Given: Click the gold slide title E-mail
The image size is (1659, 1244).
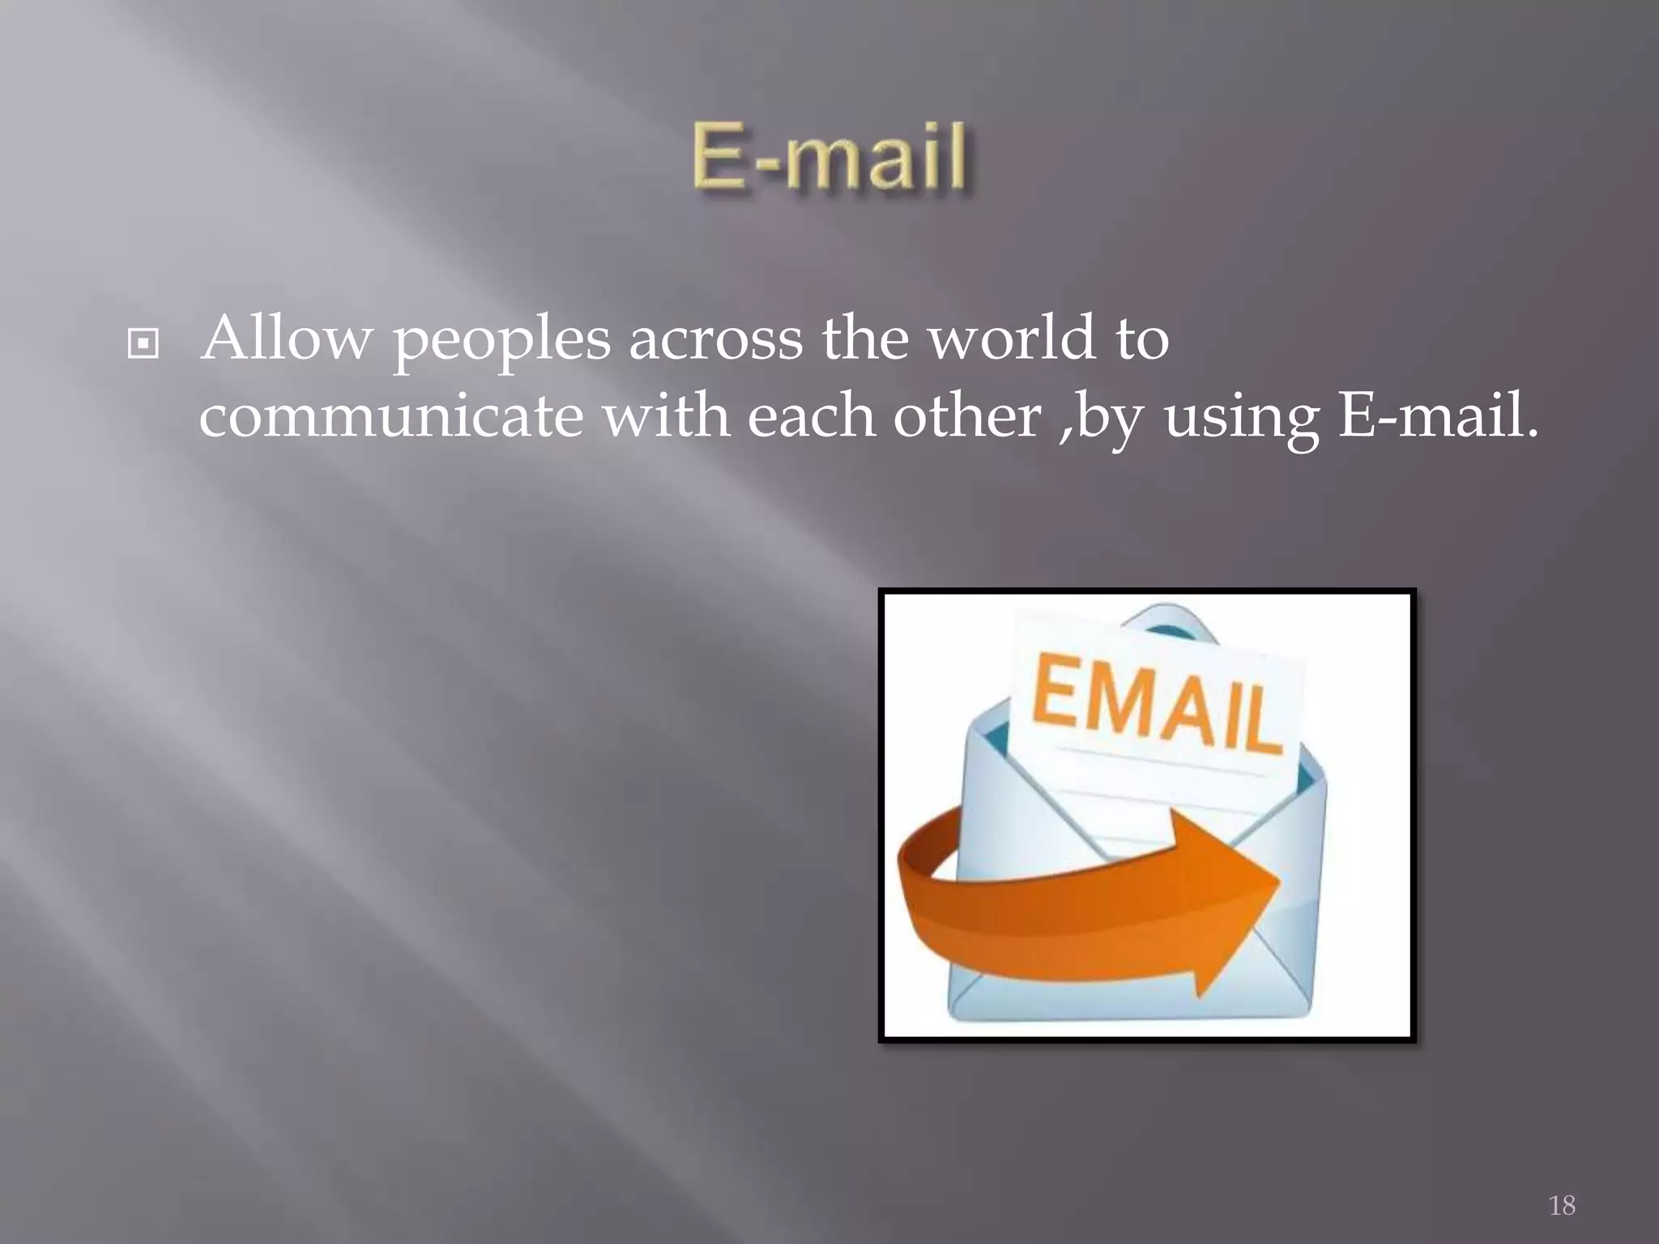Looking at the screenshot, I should [829, 156].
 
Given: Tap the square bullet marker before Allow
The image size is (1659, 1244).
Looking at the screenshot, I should [143, 344].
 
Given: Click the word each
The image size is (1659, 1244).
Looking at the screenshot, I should [811, 415].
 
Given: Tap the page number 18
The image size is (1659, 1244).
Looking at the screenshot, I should [1562, 1205].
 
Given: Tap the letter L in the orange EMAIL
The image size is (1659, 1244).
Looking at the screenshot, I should [1261, 721].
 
